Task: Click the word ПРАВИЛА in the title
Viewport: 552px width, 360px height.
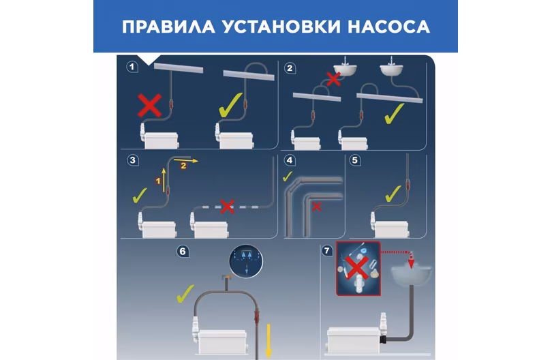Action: (168, 27)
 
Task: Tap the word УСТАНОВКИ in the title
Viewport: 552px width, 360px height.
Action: (281, 27)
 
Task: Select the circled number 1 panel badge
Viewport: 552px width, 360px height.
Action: (132, 67)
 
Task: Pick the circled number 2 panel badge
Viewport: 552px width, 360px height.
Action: (290, 68)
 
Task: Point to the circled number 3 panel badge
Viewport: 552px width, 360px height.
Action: (133, 160)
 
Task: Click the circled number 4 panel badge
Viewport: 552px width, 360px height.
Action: (290, 160)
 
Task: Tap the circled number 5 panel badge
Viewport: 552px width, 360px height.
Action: (354, 160)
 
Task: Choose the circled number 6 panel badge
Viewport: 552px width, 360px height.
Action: (183, 251)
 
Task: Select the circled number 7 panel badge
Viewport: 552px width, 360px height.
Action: (327, 250)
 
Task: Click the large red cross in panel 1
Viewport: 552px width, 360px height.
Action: (150, 105)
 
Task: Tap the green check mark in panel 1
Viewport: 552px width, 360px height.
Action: (230, 104)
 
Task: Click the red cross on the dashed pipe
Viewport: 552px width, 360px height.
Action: (227, 206)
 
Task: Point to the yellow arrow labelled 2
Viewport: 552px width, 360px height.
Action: (186, 161)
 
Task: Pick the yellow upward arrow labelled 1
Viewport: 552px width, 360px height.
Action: (164, 180)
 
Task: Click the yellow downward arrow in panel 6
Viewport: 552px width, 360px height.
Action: (269, 341)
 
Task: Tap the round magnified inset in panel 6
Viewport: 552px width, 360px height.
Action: (246, 261)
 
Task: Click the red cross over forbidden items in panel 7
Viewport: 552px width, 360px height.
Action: (358, 268)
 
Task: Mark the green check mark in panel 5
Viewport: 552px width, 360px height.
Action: (393, 194)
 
